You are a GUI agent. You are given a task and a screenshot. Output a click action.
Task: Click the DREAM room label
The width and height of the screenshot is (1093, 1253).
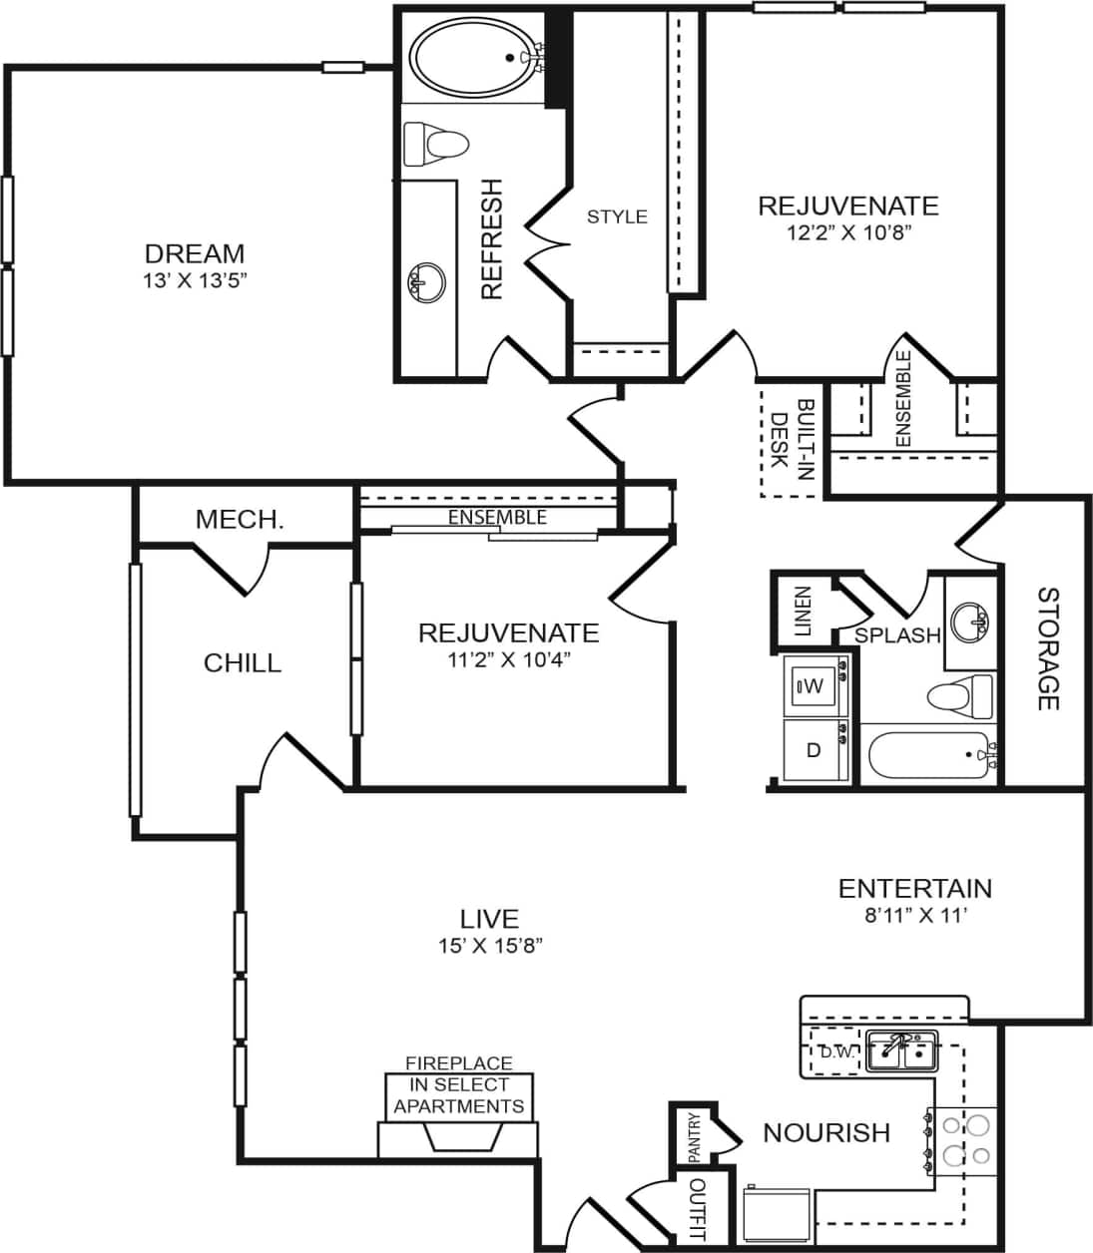[194, 253]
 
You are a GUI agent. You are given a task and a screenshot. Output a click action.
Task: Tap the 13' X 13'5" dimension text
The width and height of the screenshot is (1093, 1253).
[194, 280]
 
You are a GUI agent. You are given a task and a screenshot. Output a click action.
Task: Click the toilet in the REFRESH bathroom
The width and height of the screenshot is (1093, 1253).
[436, 145]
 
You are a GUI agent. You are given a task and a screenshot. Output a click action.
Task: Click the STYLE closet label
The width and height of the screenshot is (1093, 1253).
[617, 216]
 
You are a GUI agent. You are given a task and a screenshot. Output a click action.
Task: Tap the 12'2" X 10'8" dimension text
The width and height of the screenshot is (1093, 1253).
[848, 232]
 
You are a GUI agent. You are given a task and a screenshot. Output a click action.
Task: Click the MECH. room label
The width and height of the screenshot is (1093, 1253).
[240, 519]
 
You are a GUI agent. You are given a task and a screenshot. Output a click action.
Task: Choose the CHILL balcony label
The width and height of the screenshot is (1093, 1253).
[243, 663]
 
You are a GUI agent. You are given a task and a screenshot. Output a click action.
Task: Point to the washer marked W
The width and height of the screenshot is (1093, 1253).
[812, 686]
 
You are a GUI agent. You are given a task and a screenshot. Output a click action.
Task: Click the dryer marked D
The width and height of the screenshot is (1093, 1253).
[814, 750]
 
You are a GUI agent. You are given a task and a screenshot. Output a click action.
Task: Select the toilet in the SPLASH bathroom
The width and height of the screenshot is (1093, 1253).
[959, 695]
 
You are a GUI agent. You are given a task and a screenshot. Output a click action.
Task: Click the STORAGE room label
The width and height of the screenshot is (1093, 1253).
[1047, 648]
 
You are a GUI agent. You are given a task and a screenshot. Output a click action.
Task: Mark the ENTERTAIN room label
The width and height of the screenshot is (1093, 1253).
[914, 888]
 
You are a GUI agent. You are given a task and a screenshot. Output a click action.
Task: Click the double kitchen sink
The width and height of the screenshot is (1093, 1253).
[900, 1050]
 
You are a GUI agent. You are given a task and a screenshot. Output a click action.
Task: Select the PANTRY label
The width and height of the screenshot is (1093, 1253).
[695, 1137]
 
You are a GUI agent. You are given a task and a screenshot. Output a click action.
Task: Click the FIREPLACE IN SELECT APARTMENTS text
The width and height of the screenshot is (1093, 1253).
[458, 1085]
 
